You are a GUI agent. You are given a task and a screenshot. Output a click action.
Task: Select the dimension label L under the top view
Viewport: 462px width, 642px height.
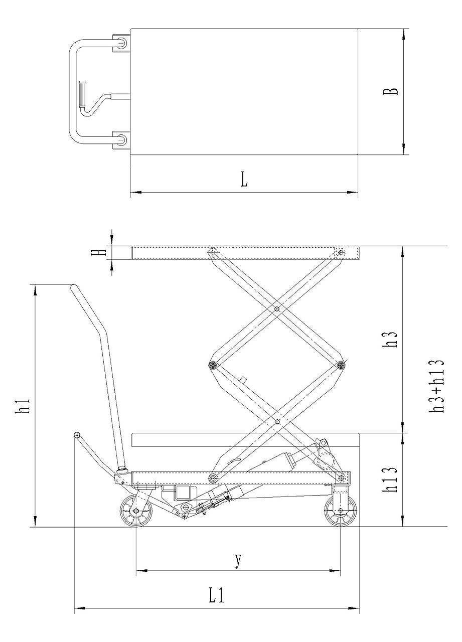(244, 180)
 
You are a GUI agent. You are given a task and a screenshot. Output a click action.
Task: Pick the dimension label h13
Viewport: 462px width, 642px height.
(393, 480)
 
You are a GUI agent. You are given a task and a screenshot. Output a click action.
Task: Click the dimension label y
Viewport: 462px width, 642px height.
(238, 560)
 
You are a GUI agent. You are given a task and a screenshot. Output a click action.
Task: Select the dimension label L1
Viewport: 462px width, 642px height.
(216, 596)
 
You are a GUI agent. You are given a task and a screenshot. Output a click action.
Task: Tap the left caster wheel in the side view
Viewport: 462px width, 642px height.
(136, 511)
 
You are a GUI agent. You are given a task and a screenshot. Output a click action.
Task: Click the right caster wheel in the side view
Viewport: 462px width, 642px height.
(341, 511)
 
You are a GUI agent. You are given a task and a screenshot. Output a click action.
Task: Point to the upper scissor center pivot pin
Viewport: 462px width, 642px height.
(276, 309)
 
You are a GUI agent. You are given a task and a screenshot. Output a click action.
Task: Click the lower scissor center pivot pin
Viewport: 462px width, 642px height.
(277, 422)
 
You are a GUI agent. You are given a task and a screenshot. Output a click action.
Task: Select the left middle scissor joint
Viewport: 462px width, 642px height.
(213, 365)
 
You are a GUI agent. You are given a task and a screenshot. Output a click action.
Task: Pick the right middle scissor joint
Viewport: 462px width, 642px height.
(341, 365)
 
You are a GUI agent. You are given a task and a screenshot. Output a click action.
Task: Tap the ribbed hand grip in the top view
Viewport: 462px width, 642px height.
(82, 94)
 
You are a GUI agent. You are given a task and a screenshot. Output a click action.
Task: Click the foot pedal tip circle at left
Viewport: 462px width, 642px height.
(77, 434)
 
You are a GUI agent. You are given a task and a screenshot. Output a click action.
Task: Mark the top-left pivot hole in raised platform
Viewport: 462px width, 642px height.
(213, 252)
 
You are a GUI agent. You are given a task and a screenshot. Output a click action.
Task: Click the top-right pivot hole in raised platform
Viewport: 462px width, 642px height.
(341, 252)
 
